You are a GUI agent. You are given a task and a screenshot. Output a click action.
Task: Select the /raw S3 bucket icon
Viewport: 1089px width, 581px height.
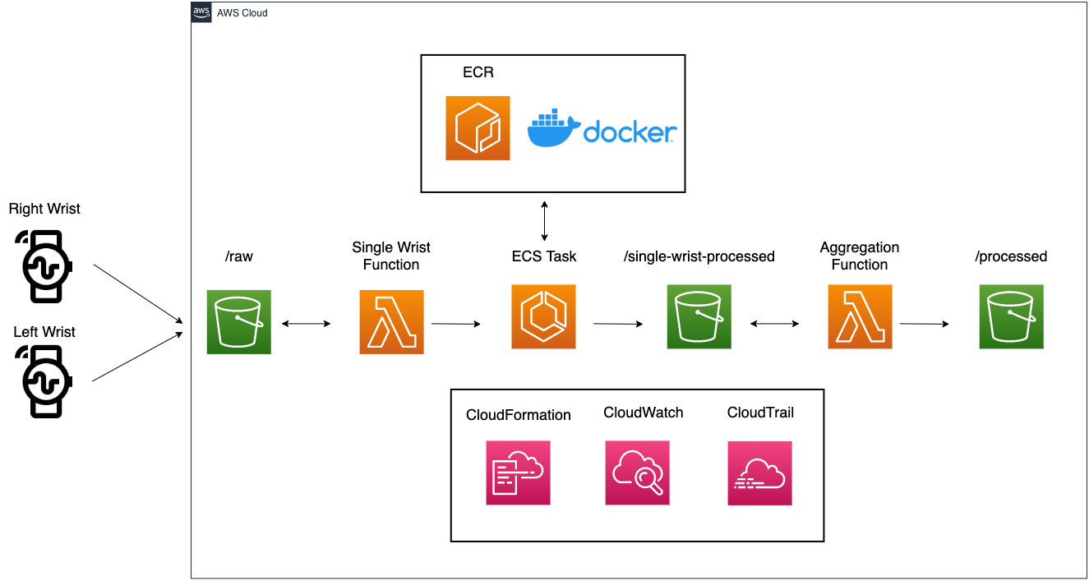pyautogui.click(x=239, y=322)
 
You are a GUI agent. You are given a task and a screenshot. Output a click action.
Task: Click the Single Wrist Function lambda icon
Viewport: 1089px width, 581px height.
pyautogui.click(x=391, y=322)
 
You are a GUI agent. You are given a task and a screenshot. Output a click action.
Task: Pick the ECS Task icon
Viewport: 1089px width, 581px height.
pyautogui.click(x=543, y=316)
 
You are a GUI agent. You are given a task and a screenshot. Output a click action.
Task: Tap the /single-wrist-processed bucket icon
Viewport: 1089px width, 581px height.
pyautogui.click(x=699, y=316)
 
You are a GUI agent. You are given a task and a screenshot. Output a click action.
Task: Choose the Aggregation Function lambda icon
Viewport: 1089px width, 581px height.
pyautogui.click(x=860, y=316)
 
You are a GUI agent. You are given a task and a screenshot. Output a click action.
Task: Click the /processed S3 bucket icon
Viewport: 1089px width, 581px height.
pyautogui.click(x=1011, y=316)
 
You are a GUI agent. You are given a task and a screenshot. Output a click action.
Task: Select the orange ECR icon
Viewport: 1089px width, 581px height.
pyautogui.click(x=478, y=128)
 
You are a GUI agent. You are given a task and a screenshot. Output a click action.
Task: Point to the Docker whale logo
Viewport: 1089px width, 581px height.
pyautogui.click(x=552, y=128)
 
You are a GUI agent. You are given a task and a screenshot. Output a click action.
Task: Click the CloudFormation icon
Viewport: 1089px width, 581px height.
pyautogui.click(x=518, y=473)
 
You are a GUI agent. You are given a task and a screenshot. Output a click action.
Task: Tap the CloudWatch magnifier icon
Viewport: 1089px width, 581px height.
pyautogui.click(x=637, y=473)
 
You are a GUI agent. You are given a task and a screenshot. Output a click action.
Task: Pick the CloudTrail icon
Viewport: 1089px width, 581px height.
pyautogui.click(x=759, y=473)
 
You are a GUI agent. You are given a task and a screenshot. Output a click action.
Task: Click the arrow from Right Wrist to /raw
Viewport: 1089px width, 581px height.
pyautogui.click(x=138, y=293)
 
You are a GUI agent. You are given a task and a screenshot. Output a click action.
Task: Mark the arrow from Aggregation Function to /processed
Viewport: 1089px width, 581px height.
pyautogui.click(x=925, y=324)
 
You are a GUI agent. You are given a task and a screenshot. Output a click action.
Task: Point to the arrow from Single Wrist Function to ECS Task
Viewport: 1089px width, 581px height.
pyautogui.click(x=455, y=324)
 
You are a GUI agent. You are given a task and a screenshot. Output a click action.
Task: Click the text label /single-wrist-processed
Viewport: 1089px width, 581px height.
pyautogui.click(x=699, y=256)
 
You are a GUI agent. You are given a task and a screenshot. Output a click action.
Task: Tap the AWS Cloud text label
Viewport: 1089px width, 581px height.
pyautogui.click(x=242, y=13)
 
